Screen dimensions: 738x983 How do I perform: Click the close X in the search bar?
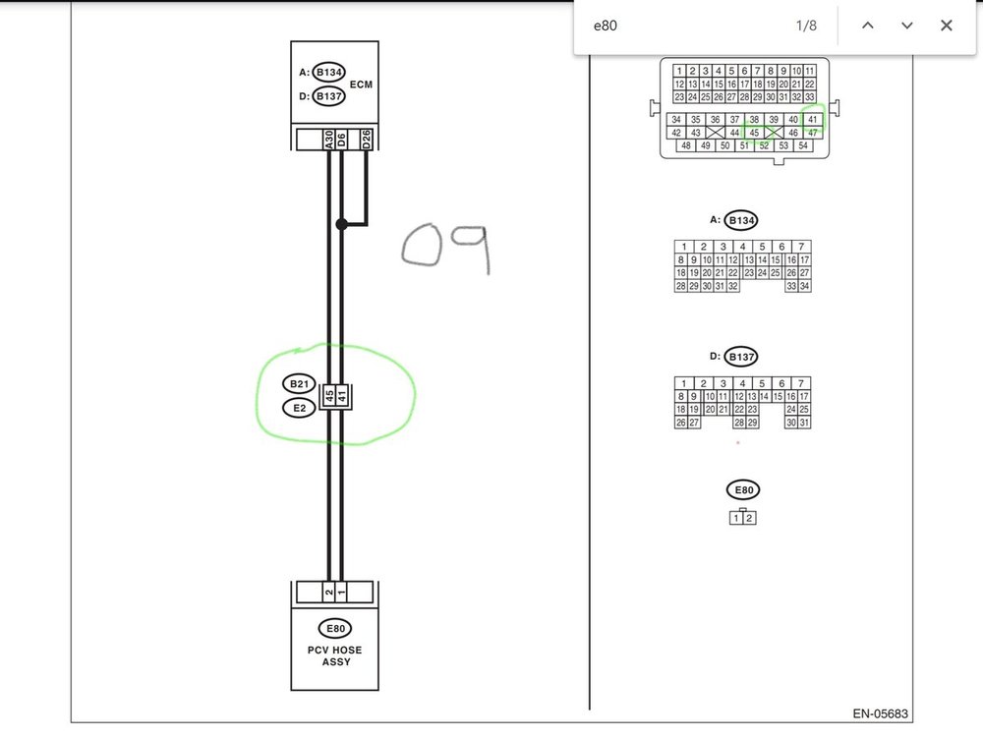coord(946,26)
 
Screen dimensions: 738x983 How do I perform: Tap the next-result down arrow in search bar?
coord(906,26)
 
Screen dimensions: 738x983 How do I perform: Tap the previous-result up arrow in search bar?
coord(867,26)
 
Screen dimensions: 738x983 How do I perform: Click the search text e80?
coord(605,26)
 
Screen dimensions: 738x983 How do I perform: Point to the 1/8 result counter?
coord(806,26)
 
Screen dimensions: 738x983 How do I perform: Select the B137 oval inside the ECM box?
coord(329,96)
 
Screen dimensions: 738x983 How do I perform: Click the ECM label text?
coord(361,85)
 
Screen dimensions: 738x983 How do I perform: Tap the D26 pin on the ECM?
coord(367,140)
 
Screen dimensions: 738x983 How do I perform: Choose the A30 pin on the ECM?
coord(328,140)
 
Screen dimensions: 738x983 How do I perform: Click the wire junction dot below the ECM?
coord(341,224)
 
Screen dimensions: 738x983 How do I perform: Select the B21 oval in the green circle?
coord(299,383)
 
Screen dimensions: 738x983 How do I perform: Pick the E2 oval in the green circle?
coord(299,407)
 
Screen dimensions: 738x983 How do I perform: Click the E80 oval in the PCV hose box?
coord(334,629)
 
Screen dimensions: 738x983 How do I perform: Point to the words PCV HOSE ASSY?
coord(334,655)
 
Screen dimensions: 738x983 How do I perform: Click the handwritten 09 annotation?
coord(446,248)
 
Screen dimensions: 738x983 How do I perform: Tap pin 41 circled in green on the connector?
coord(812,120)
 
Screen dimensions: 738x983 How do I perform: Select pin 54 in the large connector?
coord(803,145)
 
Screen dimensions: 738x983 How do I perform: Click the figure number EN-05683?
coord(881,714)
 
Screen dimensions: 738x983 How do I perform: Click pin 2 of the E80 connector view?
coord(749,518)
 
